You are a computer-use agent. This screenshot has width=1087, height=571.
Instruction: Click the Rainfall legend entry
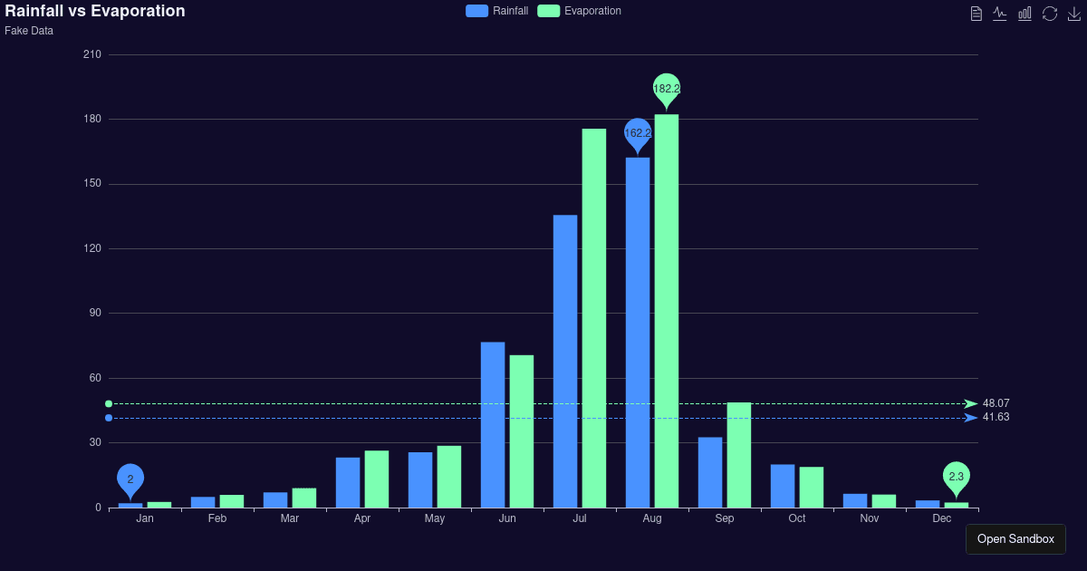coord(496,11)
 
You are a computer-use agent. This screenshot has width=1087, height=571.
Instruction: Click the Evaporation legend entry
coord(579,11)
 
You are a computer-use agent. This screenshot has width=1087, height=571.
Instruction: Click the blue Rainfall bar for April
coord(348,482)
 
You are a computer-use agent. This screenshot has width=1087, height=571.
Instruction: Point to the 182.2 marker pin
coord(667,89)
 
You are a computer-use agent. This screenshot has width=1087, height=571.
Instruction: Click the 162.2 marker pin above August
coord(638,133)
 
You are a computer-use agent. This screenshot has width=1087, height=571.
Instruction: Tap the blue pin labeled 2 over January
coord(130,479)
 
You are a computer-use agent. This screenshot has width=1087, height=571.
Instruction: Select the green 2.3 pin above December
coord(957,477)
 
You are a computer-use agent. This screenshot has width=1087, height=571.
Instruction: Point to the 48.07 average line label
coord(996,403)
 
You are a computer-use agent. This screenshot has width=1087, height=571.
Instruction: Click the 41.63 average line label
coord(996,417)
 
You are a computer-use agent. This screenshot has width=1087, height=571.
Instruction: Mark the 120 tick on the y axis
coord(91,248)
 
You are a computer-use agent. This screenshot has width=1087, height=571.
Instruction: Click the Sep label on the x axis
coord(725,518)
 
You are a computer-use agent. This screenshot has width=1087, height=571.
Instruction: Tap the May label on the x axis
coord(435,518)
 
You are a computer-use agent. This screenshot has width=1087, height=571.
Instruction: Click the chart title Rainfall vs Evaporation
coord(95,11)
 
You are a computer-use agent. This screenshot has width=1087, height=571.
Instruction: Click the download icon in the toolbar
coord(1074,14)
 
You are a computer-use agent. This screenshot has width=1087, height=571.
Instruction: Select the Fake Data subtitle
coord(29,31)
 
